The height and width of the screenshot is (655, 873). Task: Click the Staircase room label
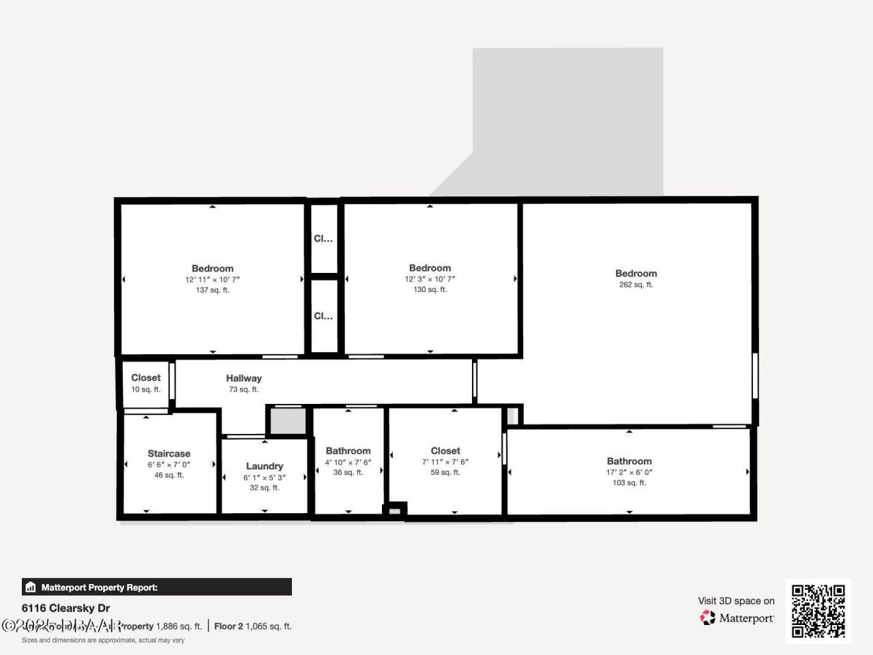(169, 453)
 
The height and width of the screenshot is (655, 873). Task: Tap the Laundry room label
(264, 466)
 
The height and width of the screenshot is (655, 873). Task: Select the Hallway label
(243, 378)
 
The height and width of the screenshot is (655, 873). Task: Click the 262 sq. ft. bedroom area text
(636, 285)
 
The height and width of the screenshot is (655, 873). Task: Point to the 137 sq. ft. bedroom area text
(212, 290)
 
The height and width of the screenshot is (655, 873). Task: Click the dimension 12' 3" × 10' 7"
(430, 279)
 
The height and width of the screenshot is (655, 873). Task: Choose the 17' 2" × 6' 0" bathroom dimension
(629, 472)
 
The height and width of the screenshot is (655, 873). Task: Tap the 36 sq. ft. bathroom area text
(348, 472)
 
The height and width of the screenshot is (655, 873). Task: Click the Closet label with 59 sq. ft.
(445, 450)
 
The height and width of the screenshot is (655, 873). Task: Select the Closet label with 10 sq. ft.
(146, 377)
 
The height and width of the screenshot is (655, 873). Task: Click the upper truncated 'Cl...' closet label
(323, 239)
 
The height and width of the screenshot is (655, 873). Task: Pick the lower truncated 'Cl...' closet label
(323, 316)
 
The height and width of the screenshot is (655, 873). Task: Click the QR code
(818, 611)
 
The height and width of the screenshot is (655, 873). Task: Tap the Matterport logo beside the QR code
(737, 618)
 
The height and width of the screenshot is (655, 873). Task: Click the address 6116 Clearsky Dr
(65, 608)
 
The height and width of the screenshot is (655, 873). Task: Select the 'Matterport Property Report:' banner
(157, 587)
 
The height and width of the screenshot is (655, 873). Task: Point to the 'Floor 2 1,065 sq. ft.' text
(252, 626)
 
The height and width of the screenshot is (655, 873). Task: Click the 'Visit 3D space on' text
(736, 601)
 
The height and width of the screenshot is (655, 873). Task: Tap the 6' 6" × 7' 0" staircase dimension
(169, 465)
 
